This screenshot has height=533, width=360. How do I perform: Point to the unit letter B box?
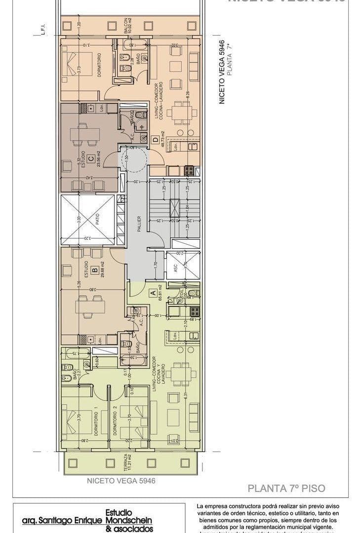[x=93, y=270]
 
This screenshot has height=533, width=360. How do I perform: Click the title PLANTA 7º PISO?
[x=286, y=489]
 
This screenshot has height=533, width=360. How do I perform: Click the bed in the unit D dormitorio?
[x=78, y=63]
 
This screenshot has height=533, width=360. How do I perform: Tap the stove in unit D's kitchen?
[x=189, y=171]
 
